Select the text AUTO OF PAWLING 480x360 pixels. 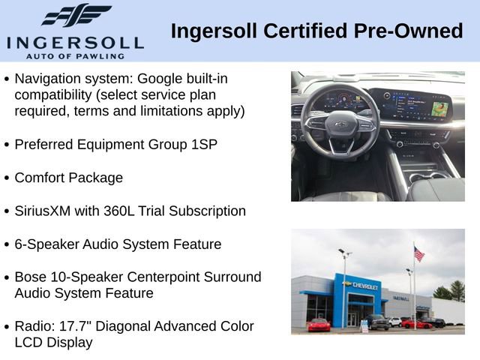[x=75, y=55]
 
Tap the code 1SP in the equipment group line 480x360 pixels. [x=205, y=145]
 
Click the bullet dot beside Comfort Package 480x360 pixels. [x=7, y=178]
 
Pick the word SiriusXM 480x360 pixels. [x=45, y=211]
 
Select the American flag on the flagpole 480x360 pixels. [x=418, y=254]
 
